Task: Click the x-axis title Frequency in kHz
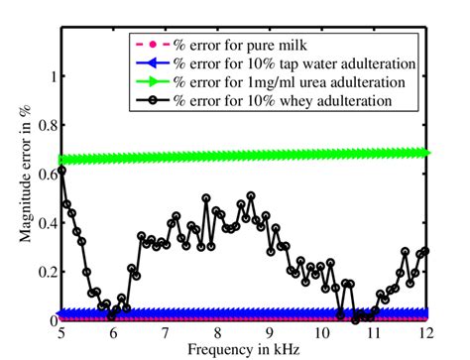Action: (x=244, y=351)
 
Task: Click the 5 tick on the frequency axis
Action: (x=61, y=334)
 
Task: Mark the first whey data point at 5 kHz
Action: (x=62, y=170)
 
